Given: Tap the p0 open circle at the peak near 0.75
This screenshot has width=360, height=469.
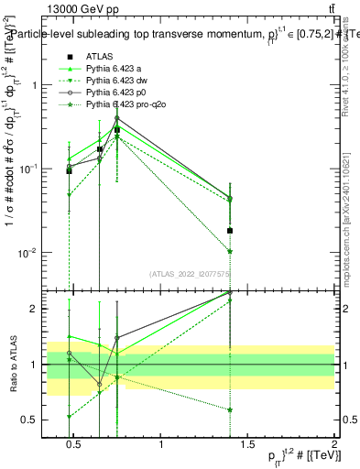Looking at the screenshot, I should [117, 117].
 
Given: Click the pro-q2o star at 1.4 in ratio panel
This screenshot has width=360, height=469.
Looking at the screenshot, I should [230, 409].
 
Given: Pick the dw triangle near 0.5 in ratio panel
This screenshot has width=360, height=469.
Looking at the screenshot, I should [70, 417].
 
